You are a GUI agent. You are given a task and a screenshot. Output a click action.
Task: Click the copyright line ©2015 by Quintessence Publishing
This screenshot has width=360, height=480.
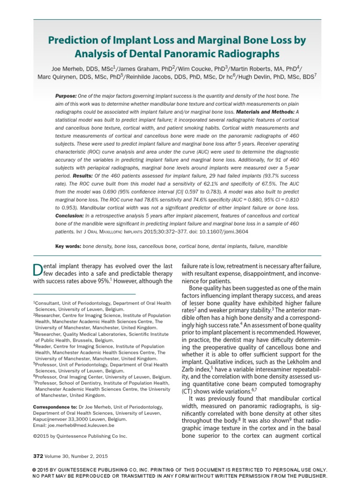[80, 436]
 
